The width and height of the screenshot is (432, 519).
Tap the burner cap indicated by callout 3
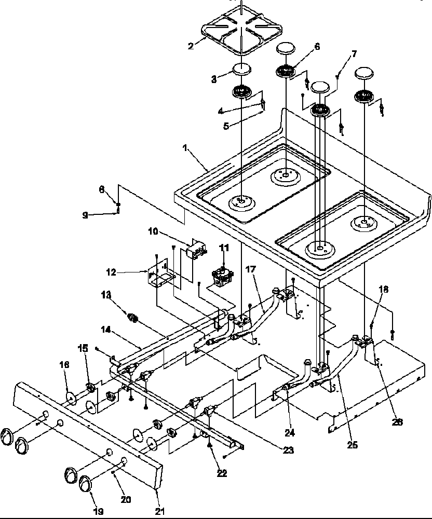coord(240,69)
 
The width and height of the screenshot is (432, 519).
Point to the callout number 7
coord(354,53)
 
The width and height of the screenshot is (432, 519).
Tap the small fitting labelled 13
coord(133,317)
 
